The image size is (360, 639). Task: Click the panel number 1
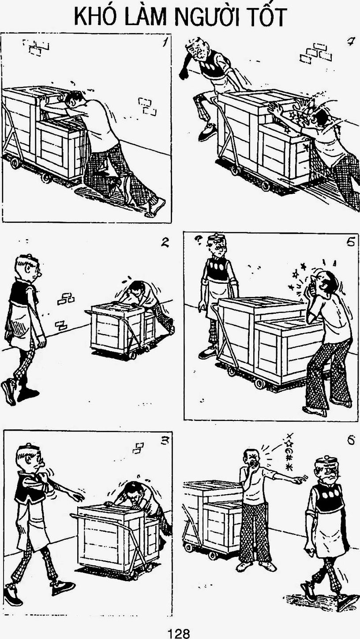(165, 42)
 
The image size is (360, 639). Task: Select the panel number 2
(165, 242)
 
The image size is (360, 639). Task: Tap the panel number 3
(165, 441)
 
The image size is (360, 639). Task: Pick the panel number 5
(351, 242)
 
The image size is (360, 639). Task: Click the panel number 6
(351, 440)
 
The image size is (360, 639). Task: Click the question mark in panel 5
(197, 241)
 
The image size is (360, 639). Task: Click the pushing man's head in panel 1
(75, 99)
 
